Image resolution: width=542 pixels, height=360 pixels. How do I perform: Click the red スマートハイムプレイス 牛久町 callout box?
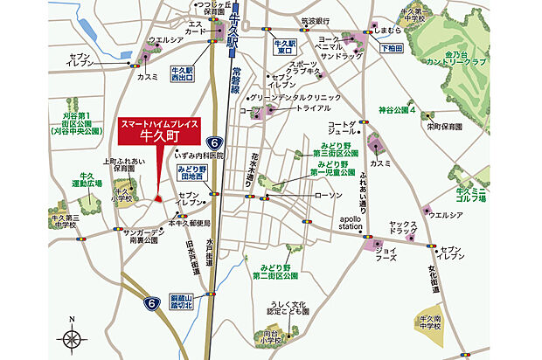158,132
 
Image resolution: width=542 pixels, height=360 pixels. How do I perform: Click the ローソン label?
329,194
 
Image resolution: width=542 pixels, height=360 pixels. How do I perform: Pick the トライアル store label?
310,109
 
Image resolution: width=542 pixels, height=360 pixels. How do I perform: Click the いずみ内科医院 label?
199,155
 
